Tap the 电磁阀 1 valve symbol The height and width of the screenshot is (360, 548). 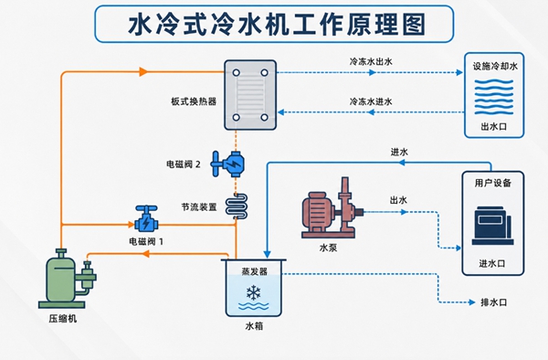[146, 218]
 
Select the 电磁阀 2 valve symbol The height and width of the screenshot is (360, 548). [227, 164]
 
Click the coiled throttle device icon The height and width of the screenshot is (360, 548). [237, 206]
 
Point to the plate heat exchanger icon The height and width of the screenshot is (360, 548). [250, 95]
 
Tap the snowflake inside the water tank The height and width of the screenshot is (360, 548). [253, 292]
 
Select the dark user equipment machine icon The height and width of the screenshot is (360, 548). [493, 226]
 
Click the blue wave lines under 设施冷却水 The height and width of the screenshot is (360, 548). [494, 97]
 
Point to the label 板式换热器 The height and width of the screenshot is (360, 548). [194, 101]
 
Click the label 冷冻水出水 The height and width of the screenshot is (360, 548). [371, 62]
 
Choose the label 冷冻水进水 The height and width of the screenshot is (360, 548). [371, 101]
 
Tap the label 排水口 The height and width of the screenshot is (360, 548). [493, 302]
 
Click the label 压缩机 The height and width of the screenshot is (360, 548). [62, 319]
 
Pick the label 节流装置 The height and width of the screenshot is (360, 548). [199, 207]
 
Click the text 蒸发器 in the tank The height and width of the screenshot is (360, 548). [255, 271]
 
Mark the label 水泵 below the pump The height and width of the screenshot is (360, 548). [328, 248]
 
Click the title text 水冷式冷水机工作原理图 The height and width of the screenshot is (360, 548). [277, 25]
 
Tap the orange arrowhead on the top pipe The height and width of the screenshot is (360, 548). [143, 71]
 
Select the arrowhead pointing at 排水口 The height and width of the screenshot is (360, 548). [472, 302]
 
